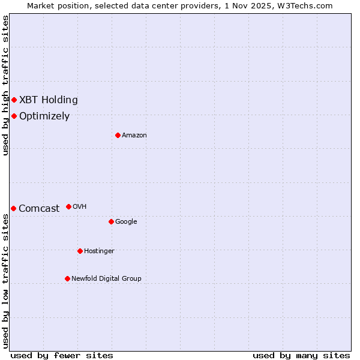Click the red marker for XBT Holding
[14, 100]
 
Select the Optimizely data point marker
[14, 116]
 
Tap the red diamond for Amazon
[118, 135]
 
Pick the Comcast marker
[13, 208]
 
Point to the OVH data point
[68, 206]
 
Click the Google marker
[111, 221]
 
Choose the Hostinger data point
[80, 251]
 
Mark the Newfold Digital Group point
[67, 278]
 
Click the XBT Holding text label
[48, 100]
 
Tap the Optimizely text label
[44, 116]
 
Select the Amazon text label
[134, 135]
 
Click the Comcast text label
[39, 208]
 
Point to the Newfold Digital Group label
[106, 278]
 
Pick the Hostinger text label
[99, 251]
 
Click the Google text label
[126, 221]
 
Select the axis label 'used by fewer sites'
[61, 355]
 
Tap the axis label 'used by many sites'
[301, 355]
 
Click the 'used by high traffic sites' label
[5, 85]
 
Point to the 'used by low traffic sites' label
[5, 280]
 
